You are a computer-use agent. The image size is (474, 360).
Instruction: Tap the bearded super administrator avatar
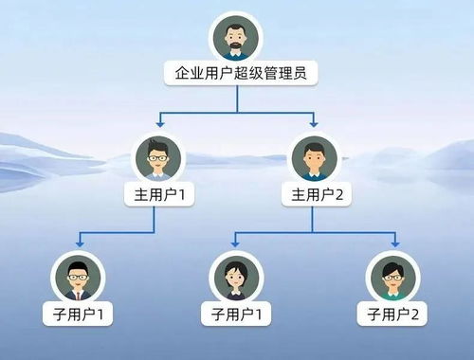pos(234,37)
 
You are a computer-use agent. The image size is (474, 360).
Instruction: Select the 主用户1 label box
pos(158,195)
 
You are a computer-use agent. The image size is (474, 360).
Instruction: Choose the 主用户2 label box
pos(313,195)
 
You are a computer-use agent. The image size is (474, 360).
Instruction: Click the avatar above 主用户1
pos(158,158)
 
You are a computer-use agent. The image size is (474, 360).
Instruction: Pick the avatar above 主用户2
pos(313,158)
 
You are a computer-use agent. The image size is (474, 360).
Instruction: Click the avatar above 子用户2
pos(392,276)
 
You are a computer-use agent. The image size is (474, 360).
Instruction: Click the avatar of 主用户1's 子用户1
pos(78,276)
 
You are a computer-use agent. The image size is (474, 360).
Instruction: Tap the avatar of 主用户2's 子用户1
pos(234,276)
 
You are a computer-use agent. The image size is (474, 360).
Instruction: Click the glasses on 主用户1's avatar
pos(158,156)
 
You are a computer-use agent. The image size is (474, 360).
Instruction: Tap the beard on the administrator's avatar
pos(234,46)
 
